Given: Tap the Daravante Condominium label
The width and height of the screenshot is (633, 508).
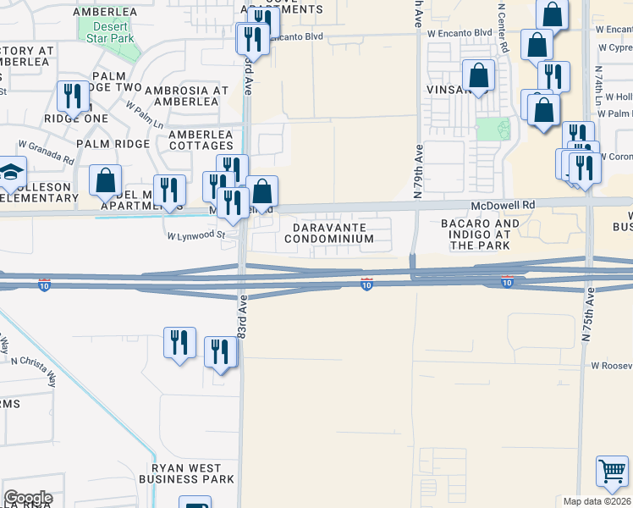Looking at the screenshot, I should tap(329, 233).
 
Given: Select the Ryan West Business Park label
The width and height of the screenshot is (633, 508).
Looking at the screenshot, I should tap(186, 473).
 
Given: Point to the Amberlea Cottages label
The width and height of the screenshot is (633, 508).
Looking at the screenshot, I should tap(201, 140).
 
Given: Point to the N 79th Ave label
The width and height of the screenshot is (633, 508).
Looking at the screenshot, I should tap(418, 170).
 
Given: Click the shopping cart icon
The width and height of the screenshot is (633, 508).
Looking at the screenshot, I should tap(612, 472).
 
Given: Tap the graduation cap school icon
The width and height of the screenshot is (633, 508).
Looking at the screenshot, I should tap(10, 174).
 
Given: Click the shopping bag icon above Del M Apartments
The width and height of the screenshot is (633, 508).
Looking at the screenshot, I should tap(106, 179).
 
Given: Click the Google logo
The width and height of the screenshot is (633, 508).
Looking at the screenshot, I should tap(29, 498).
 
